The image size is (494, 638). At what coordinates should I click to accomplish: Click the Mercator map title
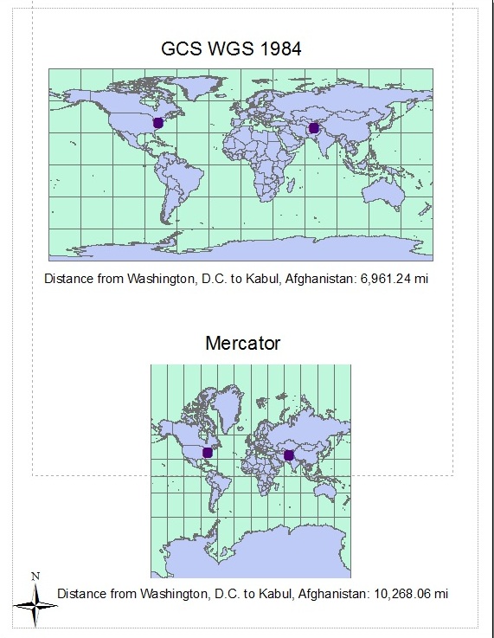click(242, 344)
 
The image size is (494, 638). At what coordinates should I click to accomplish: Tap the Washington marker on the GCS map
click(158, 123)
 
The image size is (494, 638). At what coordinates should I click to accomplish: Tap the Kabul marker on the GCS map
click(313, 128)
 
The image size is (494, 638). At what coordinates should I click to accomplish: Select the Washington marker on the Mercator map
click(208, 453)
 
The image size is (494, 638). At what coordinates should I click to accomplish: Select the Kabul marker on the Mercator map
click(289, 455)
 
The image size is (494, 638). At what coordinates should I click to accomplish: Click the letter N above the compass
click(35, 576)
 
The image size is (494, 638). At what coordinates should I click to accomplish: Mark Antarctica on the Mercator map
click(251, 554)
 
